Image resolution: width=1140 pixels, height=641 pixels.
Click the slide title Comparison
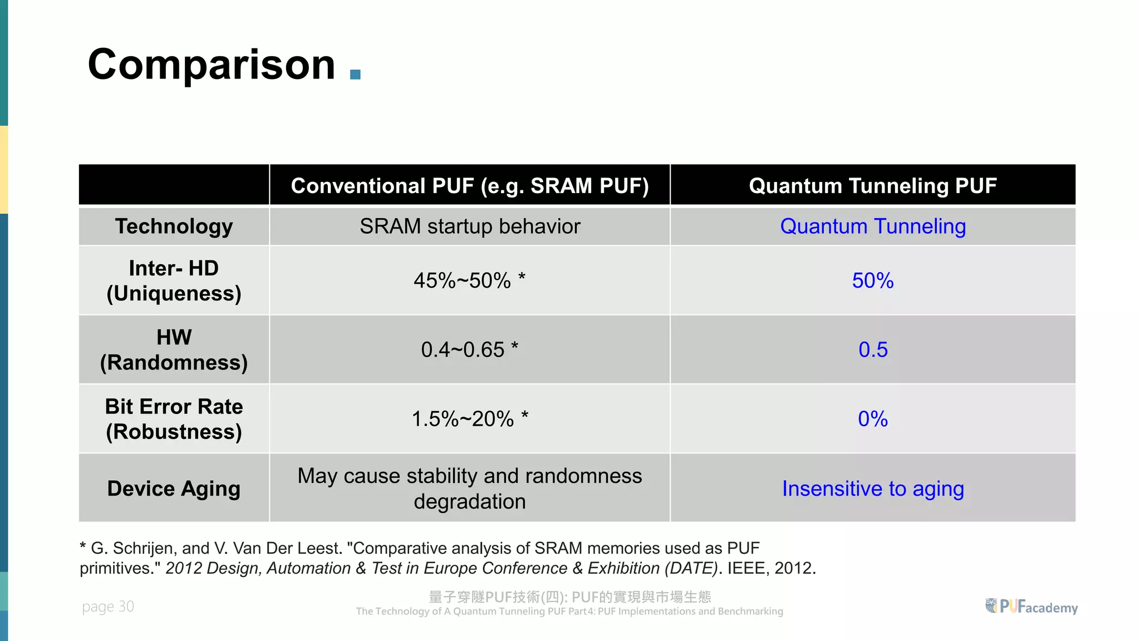click(x=212, y=65)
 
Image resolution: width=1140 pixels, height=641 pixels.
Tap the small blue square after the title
click(x=355, y=75)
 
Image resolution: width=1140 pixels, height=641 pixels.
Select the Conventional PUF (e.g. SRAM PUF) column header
click(x=469, y=186)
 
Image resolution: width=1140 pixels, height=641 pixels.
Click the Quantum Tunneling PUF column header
click(x=872, y=186)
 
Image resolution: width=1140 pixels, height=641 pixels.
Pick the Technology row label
click(x=174, y=226)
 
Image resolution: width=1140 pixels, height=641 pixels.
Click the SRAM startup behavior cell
click(x=469, y=226)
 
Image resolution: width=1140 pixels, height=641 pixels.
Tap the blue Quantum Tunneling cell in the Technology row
click(x=872, y=226)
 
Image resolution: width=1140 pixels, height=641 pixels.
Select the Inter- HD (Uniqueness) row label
click(x=174, y=280)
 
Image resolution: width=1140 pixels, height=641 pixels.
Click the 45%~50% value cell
click(x=469, y=280)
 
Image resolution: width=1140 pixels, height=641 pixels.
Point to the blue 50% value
click(x=872, y=280)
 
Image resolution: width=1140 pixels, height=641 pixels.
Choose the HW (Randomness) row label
click(x=174, y=349)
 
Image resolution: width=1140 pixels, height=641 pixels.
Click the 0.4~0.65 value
click(x=469, y=349)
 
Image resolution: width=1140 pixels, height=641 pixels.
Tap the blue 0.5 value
click(x=872, y=349)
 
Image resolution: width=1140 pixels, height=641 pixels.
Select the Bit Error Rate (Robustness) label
click(x=174, y=419)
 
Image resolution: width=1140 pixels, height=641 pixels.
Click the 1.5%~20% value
click(x=469, y=419)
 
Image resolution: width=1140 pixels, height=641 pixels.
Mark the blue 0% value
click(x=872, y=419)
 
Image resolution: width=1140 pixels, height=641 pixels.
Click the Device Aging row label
click(x=174, y=489)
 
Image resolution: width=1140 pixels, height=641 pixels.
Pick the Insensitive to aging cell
click(x=872, y=489)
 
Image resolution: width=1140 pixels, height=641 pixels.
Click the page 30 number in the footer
click(x=108, y=607)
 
